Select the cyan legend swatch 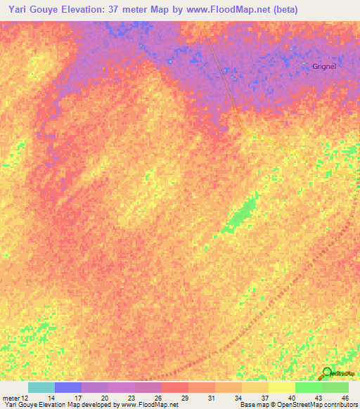click(41, 387)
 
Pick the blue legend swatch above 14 click(68, 387)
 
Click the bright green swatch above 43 click(308, 387)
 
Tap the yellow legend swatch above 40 click(281, 387)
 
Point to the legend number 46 click(345, 398)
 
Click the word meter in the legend click(11, 398)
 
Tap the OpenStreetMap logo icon click(327, 372)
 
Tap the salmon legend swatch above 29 click(175, 387)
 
